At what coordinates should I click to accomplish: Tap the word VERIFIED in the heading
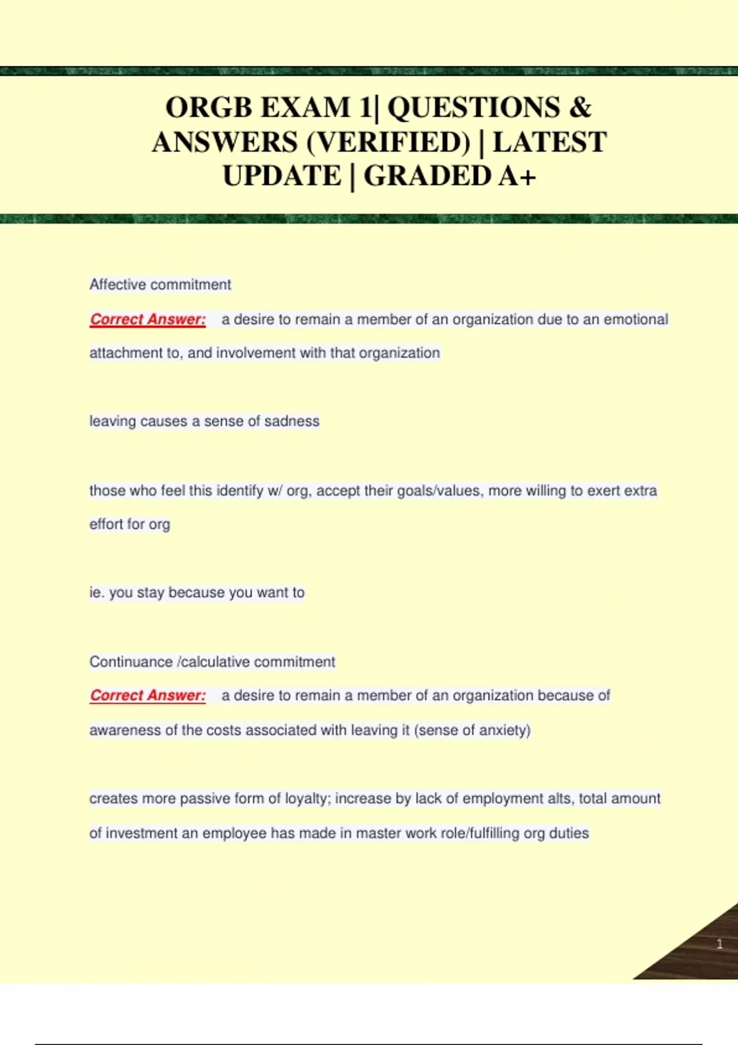(388, 142)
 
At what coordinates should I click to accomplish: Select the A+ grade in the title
(517, 176)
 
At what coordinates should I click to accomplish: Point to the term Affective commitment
(160, 285)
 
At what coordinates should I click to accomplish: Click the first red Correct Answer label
(148, 320)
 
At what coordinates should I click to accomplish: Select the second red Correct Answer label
(148, 696)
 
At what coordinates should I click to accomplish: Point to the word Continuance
(131, 662)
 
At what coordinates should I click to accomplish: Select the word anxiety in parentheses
(502, 730)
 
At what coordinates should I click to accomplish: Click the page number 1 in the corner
(719, 944)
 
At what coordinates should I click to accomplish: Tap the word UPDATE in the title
(282, 176)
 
